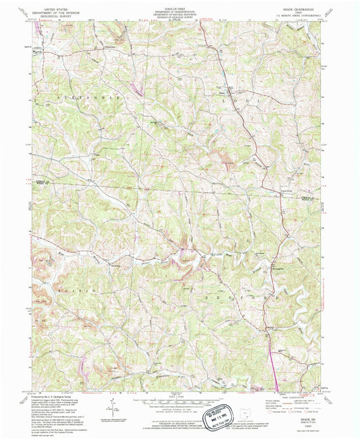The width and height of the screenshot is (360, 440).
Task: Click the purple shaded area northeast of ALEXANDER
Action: tap(140, 88)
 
